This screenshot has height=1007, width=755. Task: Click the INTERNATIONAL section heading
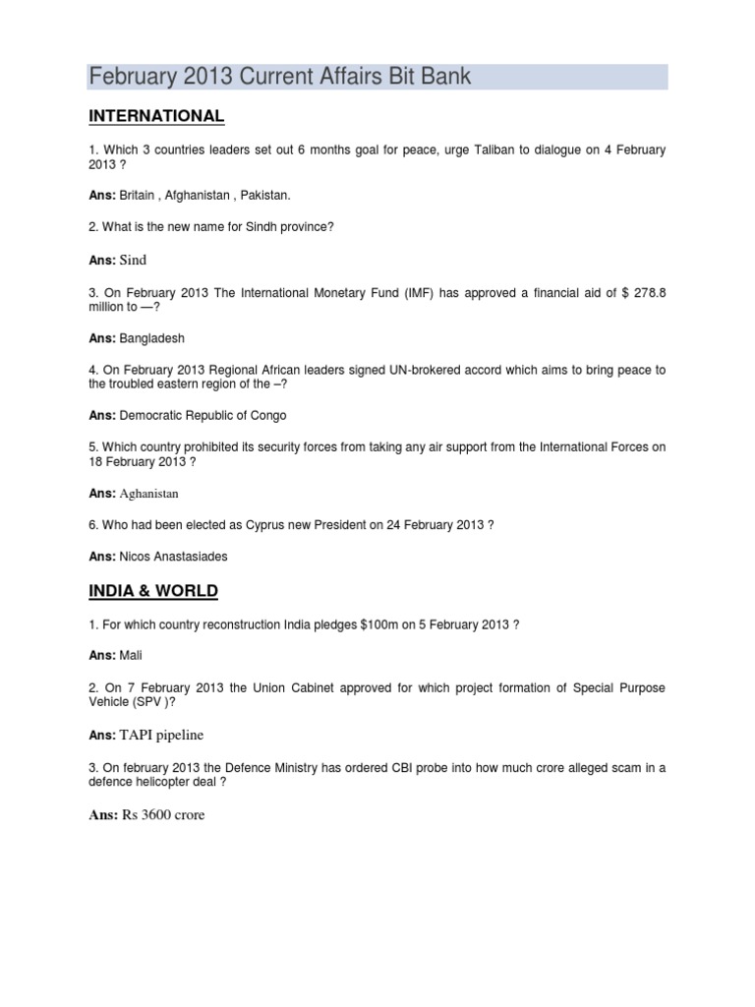coord(156,117)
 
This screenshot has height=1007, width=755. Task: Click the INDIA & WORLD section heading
coord(153,591)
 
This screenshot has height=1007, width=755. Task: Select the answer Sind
coord(133,261)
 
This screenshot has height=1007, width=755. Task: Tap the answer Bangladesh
coord(149,338)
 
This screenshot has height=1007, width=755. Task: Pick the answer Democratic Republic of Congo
coord(203,415)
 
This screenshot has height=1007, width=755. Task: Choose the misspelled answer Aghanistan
coord(149,493)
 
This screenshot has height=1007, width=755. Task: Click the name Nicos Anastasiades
coord(173,557)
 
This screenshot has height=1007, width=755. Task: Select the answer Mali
coord(131,653)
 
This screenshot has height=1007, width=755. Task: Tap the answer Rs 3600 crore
coord(163,814)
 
